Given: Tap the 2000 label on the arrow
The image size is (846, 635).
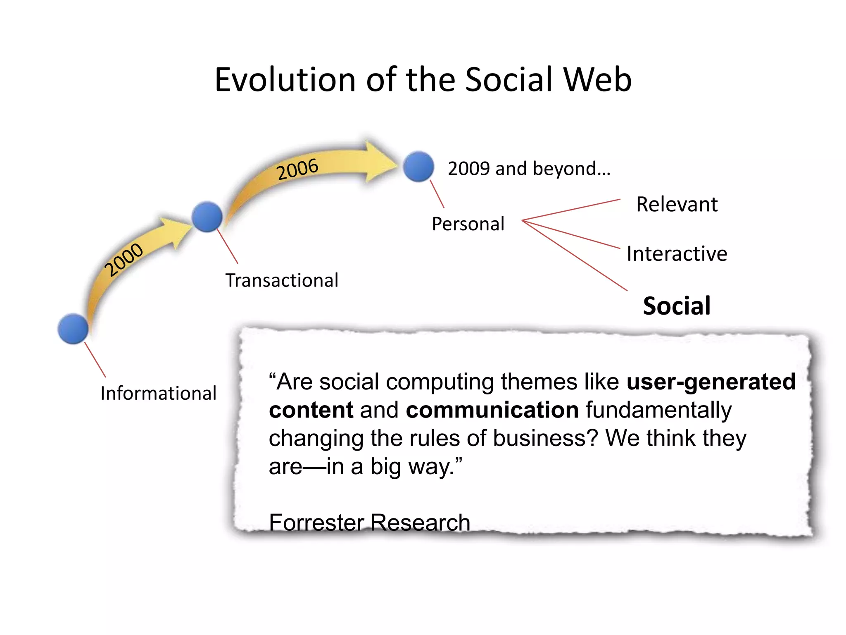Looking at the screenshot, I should [124, 259].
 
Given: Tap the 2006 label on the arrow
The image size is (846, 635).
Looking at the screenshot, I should [297, 169].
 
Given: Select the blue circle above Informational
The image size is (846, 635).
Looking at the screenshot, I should [73, 329].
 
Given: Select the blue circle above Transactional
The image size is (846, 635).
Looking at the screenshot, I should [207, 217].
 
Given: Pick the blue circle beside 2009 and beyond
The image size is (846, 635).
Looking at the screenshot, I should [418, 166].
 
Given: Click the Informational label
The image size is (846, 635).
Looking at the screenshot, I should [158, 393].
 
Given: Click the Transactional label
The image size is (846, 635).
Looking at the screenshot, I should [282, 280].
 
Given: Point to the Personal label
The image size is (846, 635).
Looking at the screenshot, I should [468, 224].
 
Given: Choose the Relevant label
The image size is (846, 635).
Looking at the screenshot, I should [677, 204].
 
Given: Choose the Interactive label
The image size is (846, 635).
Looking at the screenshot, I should [677, 253].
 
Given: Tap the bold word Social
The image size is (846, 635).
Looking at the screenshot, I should [677, 306].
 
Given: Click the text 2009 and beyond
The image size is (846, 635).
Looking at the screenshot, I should [529, 169].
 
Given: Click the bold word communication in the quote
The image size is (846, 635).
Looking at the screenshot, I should [492, 410].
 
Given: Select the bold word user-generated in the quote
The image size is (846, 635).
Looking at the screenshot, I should [711, 382].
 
